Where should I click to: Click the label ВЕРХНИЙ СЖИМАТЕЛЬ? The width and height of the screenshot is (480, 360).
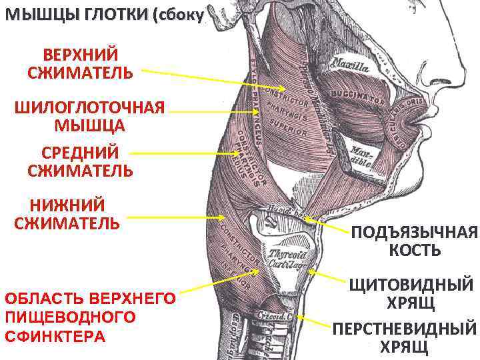[x=80, y=62]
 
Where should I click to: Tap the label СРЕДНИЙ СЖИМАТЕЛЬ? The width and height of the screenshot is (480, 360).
[x=80, y=161]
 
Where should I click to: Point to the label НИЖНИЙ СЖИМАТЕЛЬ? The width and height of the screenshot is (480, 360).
[x=67, y=213]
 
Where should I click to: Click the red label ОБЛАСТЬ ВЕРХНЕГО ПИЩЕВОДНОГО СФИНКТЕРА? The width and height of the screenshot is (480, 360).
[x=90, y=316]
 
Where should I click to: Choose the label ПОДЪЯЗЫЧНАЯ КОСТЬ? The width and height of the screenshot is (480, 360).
[x=415, y=241]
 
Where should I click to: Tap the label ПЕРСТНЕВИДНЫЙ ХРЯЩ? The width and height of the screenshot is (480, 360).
[x=405, y=337]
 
